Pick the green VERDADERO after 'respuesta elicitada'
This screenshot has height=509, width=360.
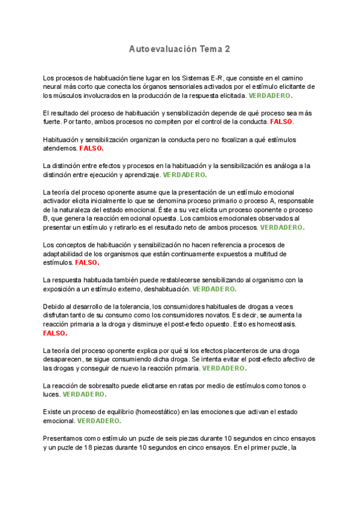(x=271, y=95)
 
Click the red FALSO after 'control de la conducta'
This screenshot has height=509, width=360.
(x=282, y=122)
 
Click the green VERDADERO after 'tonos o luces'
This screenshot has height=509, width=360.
(x=85, y=394)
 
